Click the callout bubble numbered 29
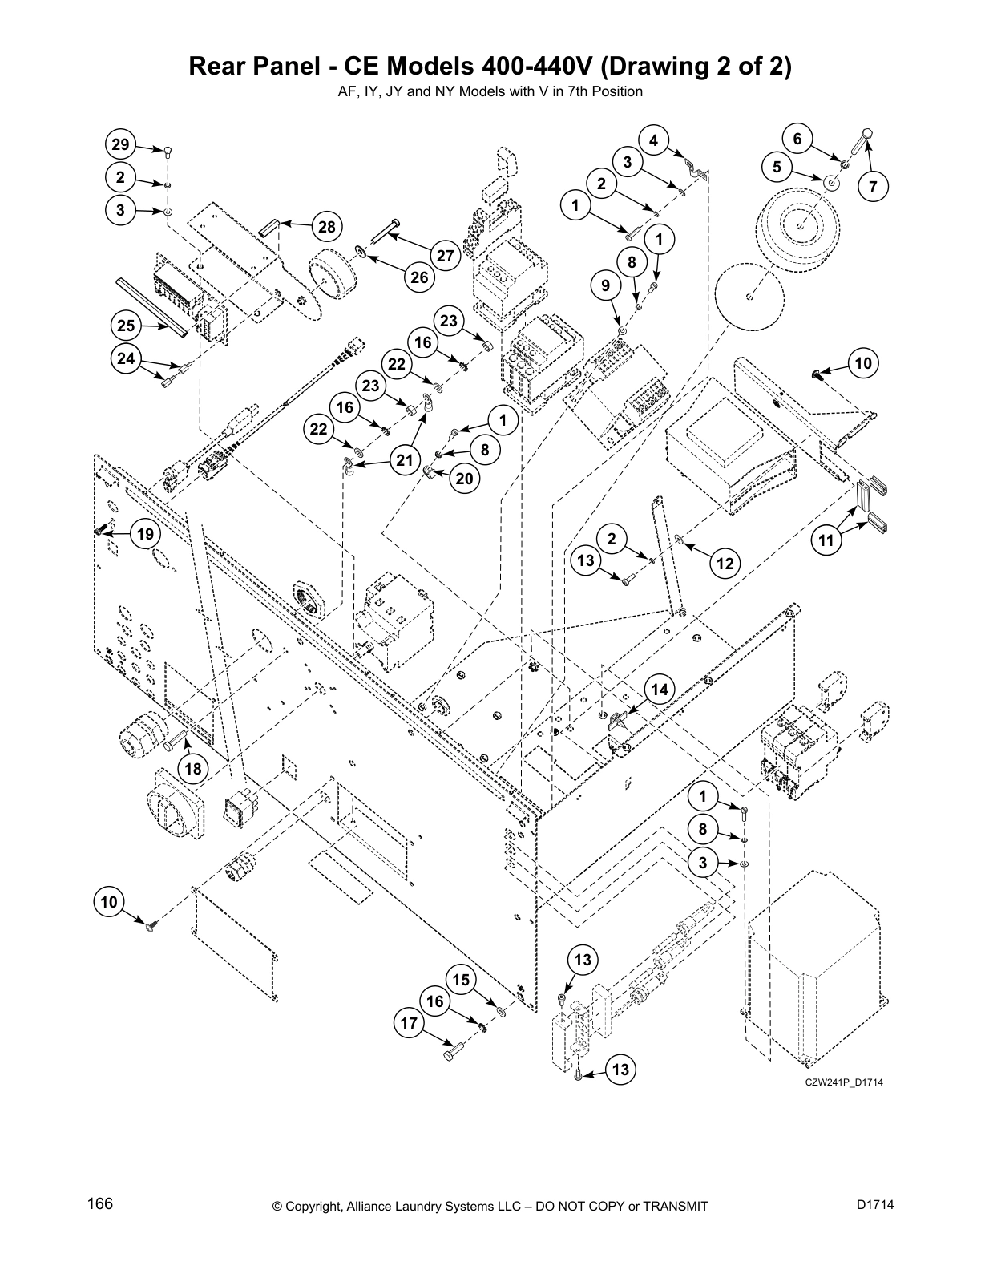[119, 145]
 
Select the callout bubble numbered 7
[873, 188]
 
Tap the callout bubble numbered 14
[659, 690]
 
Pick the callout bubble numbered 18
[193, 769]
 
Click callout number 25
[126, 326]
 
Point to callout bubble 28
[326, 227]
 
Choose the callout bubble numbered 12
[725, 564]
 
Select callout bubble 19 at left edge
[145, 534]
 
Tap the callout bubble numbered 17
[409, 1024]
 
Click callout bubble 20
[464, 479]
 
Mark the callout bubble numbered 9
[605, 285]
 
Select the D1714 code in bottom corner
[874, 1204]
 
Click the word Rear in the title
[219, 66]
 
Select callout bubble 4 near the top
[654, 140]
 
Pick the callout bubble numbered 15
[460, 980]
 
